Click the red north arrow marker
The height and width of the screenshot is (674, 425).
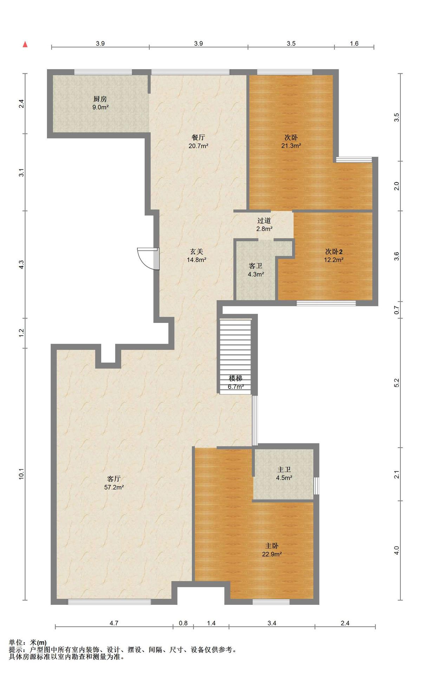tap(25, 44)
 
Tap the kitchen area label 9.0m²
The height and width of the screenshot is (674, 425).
tap(100, 107)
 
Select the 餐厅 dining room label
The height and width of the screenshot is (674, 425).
tap(198, 137)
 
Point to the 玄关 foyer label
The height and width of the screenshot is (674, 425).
tap(197, 252)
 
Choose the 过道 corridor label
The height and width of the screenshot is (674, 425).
tap(264, 220)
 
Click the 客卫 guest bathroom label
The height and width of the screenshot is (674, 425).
tap(256, 266)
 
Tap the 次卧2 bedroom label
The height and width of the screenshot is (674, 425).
tap(334, 252)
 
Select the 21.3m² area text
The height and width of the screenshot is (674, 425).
tap(291, 146)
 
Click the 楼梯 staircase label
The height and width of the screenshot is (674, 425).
tap(236, 378)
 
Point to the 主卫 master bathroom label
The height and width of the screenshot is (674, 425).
tap(284, 469)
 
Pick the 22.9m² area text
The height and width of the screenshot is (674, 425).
tap(272, 554)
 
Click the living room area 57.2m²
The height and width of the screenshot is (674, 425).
tap(114, 487)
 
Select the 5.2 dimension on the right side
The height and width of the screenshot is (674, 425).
tap(397, 383)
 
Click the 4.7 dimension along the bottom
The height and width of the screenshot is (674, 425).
tap(114, 623)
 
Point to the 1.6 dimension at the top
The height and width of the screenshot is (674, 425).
tap(354, 44)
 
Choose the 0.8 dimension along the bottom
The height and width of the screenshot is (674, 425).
tap(183, 623)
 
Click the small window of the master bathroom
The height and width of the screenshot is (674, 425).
tap(316, 485)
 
